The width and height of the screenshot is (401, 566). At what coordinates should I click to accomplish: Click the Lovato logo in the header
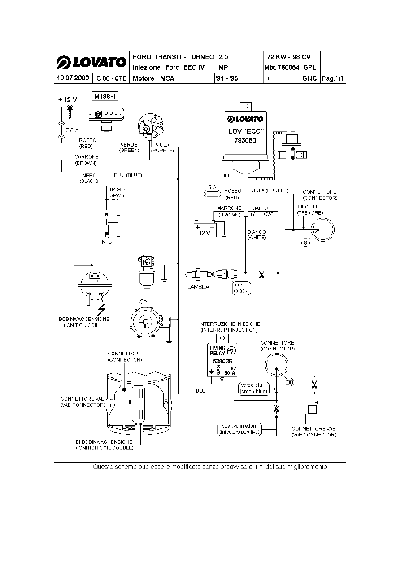[91, 62]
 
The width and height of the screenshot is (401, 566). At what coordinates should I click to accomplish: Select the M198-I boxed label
[105, 96]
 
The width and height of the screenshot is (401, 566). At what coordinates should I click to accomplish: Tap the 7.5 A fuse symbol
[62, 130]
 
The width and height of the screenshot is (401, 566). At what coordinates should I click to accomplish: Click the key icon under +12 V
[70, 110]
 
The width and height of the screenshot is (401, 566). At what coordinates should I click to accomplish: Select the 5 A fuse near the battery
[210, 193]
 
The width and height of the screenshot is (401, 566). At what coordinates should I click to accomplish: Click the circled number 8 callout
[305, 243]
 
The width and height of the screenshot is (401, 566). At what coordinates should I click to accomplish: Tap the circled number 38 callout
[291, 382]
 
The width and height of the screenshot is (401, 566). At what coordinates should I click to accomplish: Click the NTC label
[106, 242]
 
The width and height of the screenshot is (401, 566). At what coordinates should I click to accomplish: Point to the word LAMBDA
[198, 287]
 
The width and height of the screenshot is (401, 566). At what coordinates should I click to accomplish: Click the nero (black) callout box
[242, 288]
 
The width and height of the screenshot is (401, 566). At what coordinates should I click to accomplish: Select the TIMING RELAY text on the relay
[218, 350]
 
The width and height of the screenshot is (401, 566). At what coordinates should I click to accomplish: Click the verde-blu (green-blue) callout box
[253, 388]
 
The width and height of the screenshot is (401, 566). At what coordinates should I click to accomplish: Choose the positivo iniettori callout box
[239, 429]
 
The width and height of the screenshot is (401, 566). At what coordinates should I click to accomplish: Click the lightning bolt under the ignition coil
[102, 310]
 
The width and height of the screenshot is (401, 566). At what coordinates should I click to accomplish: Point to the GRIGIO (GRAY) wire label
[116, 193]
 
